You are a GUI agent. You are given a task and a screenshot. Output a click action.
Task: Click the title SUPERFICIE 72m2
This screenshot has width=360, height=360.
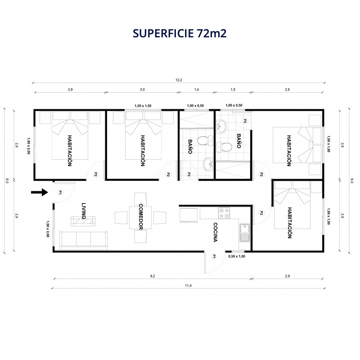click(180, 33)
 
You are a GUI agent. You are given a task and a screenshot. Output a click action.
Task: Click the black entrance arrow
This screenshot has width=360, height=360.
click(40, 192)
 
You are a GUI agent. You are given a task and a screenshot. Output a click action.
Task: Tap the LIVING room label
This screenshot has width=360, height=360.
click(84, 211)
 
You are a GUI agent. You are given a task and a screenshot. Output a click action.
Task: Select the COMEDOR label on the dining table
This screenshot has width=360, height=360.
click(141, 217)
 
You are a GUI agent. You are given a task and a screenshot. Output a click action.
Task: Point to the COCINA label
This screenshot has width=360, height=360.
click(215, 232)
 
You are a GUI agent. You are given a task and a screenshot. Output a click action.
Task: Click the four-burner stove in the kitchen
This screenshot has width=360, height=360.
click(224, 213)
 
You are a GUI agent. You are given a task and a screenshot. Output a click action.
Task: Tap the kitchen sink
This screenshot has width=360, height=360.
click(245, 233)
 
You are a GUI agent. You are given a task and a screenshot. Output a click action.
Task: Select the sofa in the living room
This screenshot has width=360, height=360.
click(84, 240)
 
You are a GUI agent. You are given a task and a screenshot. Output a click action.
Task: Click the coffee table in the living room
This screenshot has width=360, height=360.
click(83, 221)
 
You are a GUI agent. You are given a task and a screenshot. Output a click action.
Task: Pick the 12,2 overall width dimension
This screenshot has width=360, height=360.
click(179, 80)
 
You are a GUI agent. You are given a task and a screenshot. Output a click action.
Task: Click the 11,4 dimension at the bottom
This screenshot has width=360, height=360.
click(188, 286)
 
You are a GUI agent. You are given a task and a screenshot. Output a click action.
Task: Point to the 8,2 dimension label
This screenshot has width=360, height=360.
click(153, 276)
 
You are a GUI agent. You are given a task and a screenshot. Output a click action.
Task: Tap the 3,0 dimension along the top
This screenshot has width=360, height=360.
click(142, 90)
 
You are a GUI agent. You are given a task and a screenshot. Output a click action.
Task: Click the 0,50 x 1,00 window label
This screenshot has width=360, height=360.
click(237, 256)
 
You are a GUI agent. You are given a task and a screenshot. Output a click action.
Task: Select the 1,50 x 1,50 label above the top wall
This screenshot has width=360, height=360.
click(143, 106)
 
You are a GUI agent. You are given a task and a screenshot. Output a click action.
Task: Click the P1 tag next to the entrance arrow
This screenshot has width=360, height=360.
click(60, 193)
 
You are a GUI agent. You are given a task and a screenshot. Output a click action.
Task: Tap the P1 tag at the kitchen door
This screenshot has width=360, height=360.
click(214, 256)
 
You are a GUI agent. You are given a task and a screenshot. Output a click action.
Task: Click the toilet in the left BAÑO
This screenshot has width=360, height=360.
click(205, 141)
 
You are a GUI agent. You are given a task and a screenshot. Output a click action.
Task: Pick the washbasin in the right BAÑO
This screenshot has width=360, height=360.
click(221, 126)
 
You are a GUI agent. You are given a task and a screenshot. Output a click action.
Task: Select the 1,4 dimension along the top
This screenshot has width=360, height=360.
click(197, 90)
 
